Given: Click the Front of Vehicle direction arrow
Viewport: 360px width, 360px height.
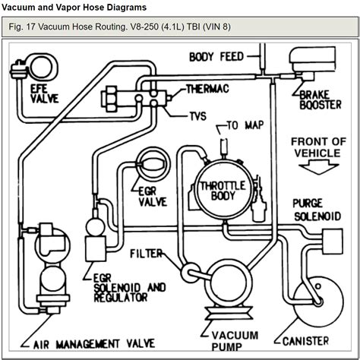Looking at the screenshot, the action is (x=318, y=168).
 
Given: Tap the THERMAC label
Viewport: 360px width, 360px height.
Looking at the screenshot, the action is (x=207, y=89).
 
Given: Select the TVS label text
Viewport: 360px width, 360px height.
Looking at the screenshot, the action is (x=198, y=116).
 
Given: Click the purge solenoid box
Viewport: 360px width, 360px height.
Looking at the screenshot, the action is (x=333, y=242).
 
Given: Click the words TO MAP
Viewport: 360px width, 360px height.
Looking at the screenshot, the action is (x=245, y=125).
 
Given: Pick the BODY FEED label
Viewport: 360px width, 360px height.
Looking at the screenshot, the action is (x=216, y=57).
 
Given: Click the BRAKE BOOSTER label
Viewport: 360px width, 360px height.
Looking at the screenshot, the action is (x=321, y=100).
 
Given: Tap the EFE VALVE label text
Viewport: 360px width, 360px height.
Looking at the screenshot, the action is (x=44, y=93).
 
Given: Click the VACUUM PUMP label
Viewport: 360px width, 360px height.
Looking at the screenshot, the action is (x=235, y=341).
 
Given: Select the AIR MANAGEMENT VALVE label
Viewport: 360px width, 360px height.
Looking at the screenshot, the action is (x=94, y=344).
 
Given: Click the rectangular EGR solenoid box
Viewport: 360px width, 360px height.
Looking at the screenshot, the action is (x=96, y=248).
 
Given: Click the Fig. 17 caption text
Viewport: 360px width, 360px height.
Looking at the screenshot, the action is (x=119, y=27).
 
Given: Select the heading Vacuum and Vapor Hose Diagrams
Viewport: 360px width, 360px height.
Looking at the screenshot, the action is (x=74, y=7).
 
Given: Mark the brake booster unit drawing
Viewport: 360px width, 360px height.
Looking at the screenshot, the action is (x=313, y=62).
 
